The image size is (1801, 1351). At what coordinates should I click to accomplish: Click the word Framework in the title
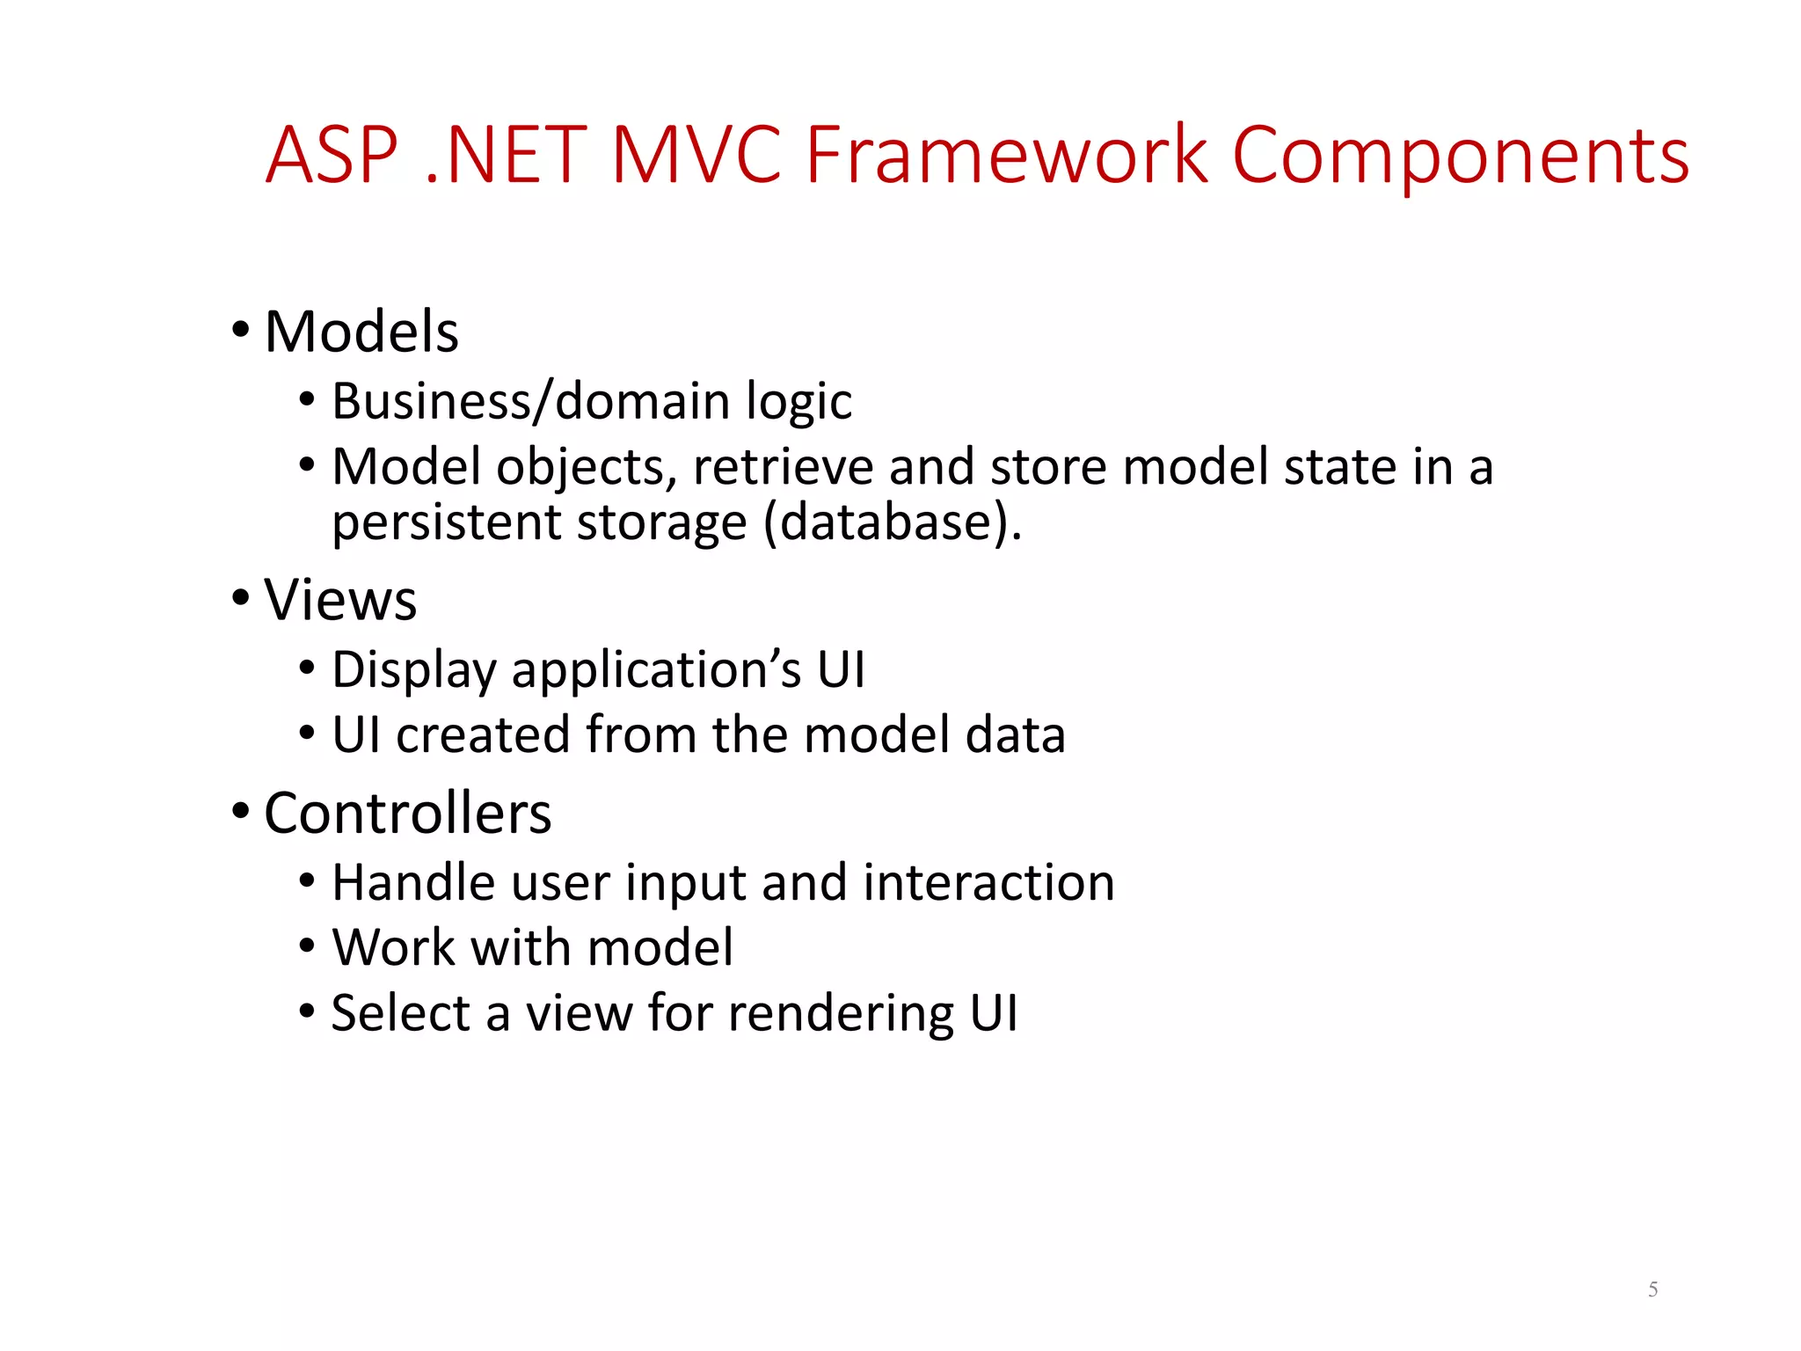point(1006,156)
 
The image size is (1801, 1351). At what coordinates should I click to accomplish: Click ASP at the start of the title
point(332,156)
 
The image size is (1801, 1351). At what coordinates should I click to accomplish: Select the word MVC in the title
point(696,156)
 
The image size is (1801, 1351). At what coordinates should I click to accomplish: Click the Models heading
point(361,332)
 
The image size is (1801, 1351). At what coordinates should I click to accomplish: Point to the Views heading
point(340,601)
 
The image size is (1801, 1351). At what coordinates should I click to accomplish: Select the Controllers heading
point(407,814)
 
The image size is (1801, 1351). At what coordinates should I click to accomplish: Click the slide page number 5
point(1652,1289)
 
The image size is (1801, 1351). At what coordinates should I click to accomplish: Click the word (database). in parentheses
point(892,522)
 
